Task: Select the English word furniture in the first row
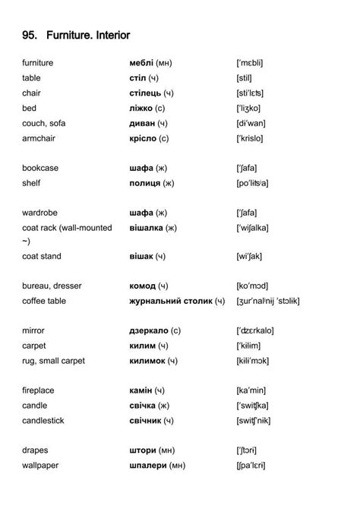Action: point(38,62)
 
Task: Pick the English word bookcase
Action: point(40,168)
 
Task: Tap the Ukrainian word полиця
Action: point(145,182)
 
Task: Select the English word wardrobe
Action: point(39,213)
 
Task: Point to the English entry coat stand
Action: point(42,257)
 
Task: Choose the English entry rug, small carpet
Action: point(53,360)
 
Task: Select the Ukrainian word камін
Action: point(141,390)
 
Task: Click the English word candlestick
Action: point(43,420)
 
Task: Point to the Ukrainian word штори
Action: point(142,450)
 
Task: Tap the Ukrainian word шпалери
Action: point(148,465)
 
